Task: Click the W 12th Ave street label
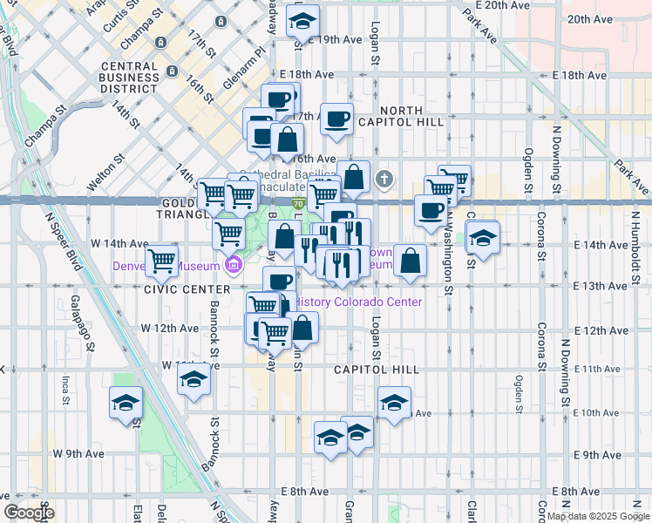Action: (x=170, y=328)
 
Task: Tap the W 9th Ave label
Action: (x=78, y=453)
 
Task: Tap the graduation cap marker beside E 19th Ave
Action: (x=302, y=20)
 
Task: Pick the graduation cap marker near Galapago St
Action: (x=126, y=403)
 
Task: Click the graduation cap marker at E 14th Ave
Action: (x=482, y=236)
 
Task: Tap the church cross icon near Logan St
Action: (x=384, y=180)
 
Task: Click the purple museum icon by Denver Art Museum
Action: (x=233, y=265)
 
